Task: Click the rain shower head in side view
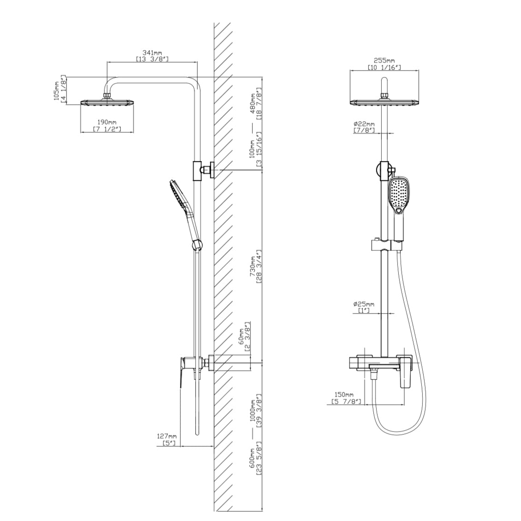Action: click(107, 102)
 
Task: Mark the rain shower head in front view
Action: click(384, 102)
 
